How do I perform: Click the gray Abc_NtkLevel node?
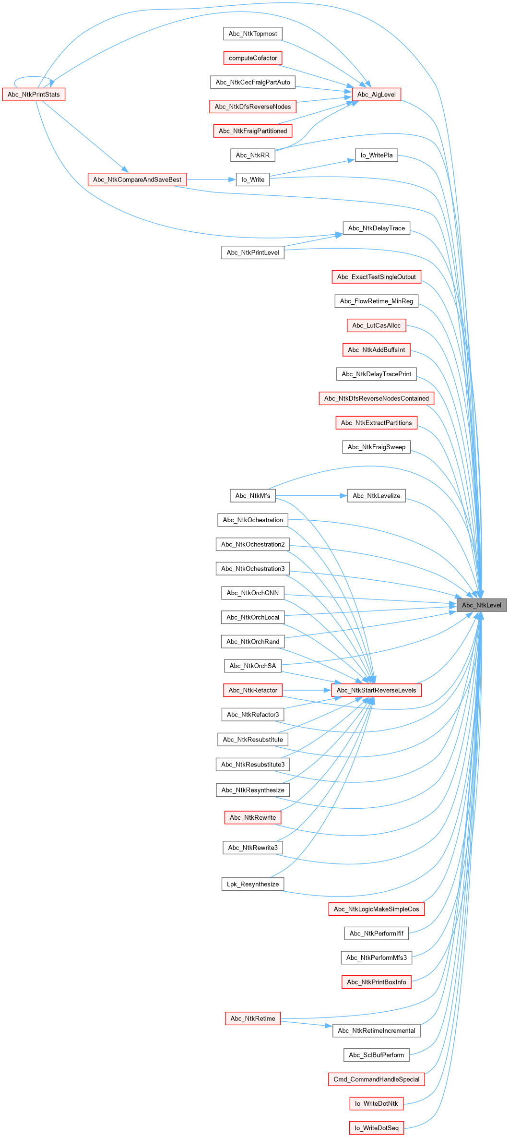pyautogui.click(x=481, y=605)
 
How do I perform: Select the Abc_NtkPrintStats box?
pyautogui.click(x=34, y=95)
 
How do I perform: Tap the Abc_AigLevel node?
pyautogui.click(x=376, y=95)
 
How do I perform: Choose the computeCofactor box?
pyautogui.click(x=253, y=58)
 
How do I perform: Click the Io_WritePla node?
pyautogui.click(x=376, y=155)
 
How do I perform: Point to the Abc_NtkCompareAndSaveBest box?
pyautogui.click(x=137, y=180)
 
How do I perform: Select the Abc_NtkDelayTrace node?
pyautogui.click(x=376, y=228)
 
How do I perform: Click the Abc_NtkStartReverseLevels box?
pyautogui.click(x=376, y=690)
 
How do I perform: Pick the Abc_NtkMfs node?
pyautogui.click(x=252, y=496)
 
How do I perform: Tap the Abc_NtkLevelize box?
pyautogui.click(x=376, y=496)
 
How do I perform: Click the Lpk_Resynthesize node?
pyautogui.click(x=252, y=884)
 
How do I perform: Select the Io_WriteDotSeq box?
pyautogui.click(x=376, y=1128)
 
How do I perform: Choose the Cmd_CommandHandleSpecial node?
pyautogui.click(x=376, y=1079)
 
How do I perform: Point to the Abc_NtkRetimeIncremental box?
pyautogui.click(x=376, y=1030)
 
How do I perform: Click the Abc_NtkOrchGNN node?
pyautogui.click(x=252, y=593)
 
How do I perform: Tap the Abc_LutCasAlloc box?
pyautogui.click(x=376, y=325)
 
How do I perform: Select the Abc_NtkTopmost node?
pyautogui.click(x=253, y=34)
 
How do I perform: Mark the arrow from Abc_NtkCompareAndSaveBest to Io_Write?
pyautogui.click(x=211, y=180)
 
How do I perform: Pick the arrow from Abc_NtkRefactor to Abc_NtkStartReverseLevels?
pyautogui.click(x=307, y=690)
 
